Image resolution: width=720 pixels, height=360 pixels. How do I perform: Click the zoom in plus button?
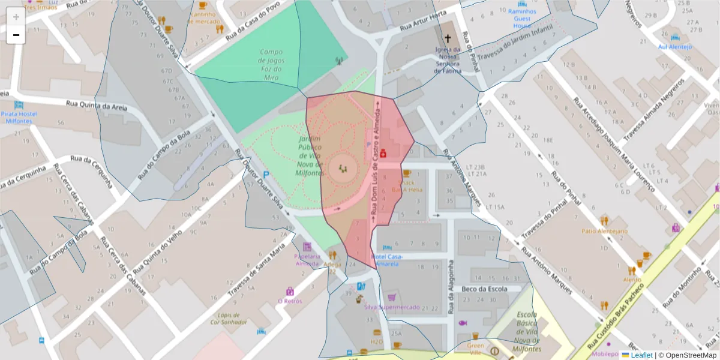[16, 17]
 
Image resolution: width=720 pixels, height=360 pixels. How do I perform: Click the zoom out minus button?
[16, 35]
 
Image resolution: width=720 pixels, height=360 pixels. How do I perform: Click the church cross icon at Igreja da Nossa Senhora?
[448, 38]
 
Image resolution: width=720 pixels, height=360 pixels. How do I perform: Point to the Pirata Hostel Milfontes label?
[19, 117]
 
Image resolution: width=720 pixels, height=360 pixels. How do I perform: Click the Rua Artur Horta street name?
[423, 22]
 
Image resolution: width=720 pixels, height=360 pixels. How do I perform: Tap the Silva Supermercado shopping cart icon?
[392, 297]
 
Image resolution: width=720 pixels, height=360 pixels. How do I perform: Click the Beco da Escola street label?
[484, 289]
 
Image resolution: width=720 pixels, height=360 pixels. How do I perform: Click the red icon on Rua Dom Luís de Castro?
[383, 154]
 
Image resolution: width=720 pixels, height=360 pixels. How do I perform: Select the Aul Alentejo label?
[675, 46]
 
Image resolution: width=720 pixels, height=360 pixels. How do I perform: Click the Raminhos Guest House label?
[523, 19]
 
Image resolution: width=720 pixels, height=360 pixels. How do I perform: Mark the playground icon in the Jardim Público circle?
[343, 169]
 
